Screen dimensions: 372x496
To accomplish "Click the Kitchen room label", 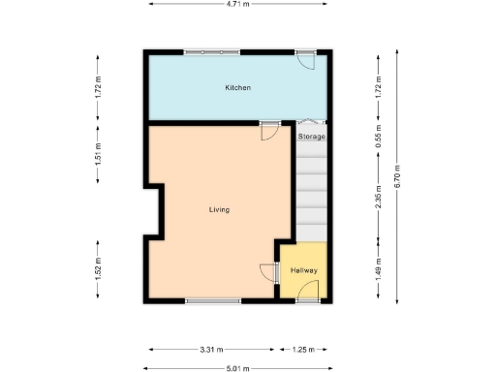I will point(238,88).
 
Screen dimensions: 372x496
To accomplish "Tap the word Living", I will point(219,209).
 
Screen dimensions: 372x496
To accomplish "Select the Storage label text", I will point(311,138).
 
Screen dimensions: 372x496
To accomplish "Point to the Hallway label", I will point(304,270).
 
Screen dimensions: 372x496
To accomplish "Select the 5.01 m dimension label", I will point(237,368).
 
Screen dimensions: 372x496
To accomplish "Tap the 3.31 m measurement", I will point(213,349).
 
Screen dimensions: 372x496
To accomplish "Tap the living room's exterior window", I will point(213,300).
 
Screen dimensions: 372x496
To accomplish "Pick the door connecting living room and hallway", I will point(268,271).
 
